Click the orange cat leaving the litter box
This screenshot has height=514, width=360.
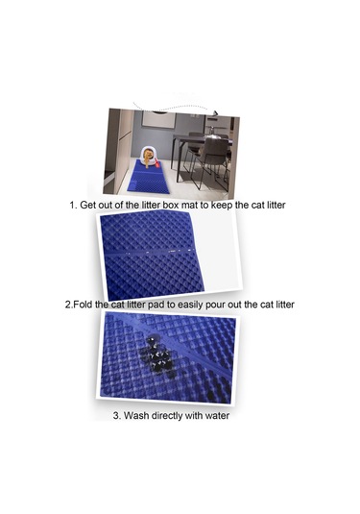[x=147, y=157]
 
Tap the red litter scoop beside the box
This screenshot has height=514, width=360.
[x=156, y=162]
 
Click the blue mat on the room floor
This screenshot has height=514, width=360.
[x=151, y=178]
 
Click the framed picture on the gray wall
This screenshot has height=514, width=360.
[x=158, y=119]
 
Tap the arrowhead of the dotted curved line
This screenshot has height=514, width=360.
[x=215, y=113]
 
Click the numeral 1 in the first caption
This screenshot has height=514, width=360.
[x=72, y=206]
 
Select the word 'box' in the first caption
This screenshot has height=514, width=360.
[x=170, y=206]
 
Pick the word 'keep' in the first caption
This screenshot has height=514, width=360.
[x=222, y=206]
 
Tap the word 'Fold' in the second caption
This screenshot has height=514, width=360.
[x=82, y=305]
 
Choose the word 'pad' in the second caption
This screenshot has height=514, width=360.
[x=156, y=306]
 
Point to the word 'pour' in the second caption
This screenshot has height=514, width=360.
[x=215, y=306]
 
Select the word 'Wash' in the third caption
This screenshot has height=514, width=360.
[x=136, y=416]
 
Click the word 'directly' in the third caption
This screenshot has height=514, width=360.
[x=167, y=416]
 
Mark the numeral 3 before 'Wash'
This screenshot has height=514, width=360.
[x=116, y=416]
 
